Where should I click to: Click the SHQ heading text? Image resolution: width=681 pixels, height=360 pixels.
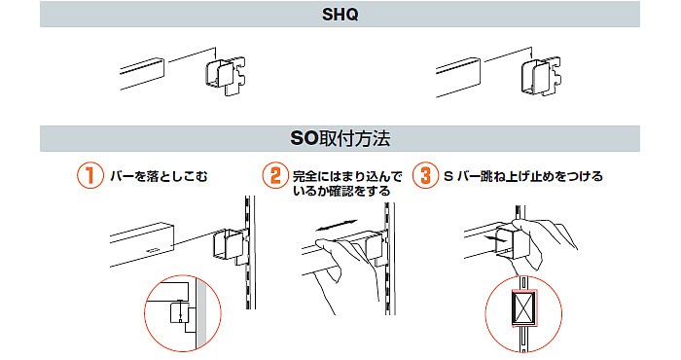click(x=340, y=15)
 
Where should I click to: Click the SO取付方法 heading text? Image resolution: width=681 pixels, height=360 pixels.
click(x=340, y=138)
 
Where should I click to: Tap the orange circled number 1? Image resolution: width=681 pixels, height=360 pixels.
click(x=90, y=175)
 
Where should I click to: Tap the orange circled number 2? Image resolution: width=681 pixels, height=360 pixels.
click(x=275, y=175)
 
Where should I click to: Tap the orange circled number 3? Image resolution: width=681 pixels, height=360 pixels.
click(x=426, y=175)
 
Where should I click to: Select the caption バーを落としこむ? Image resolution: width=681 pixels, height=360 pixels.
click(x=159, y=176)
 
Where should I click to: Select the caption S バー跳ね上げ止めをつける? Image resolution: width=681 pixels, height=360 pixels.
click(x=523, y=176)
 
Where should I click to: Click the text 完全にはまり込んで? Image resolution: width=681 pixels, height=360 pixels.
click(x=347, y=176)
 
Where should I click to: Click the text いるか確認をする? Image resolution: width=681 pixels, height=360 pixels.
click(x=341, y=191)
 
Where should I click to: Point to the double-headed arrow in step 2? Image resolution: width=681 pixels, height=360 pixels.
click(x=337, y=226)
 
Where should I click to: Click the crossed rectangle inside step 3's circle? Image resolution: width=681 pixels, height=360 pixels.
click(x=523, y=307)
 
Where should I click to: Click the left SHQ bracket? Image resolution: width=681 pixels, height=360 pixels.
click(x=225, y=76)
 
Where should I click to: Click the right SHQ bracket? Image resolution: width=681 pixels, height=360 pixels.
click(x=540, y=75)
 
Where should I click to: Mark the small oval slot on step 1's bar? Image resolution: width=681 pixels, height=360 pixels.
click(x=154, y=250)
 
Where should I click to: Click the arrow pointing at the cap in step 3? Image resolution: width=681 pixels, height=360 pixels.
click(x=494, y=238)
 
